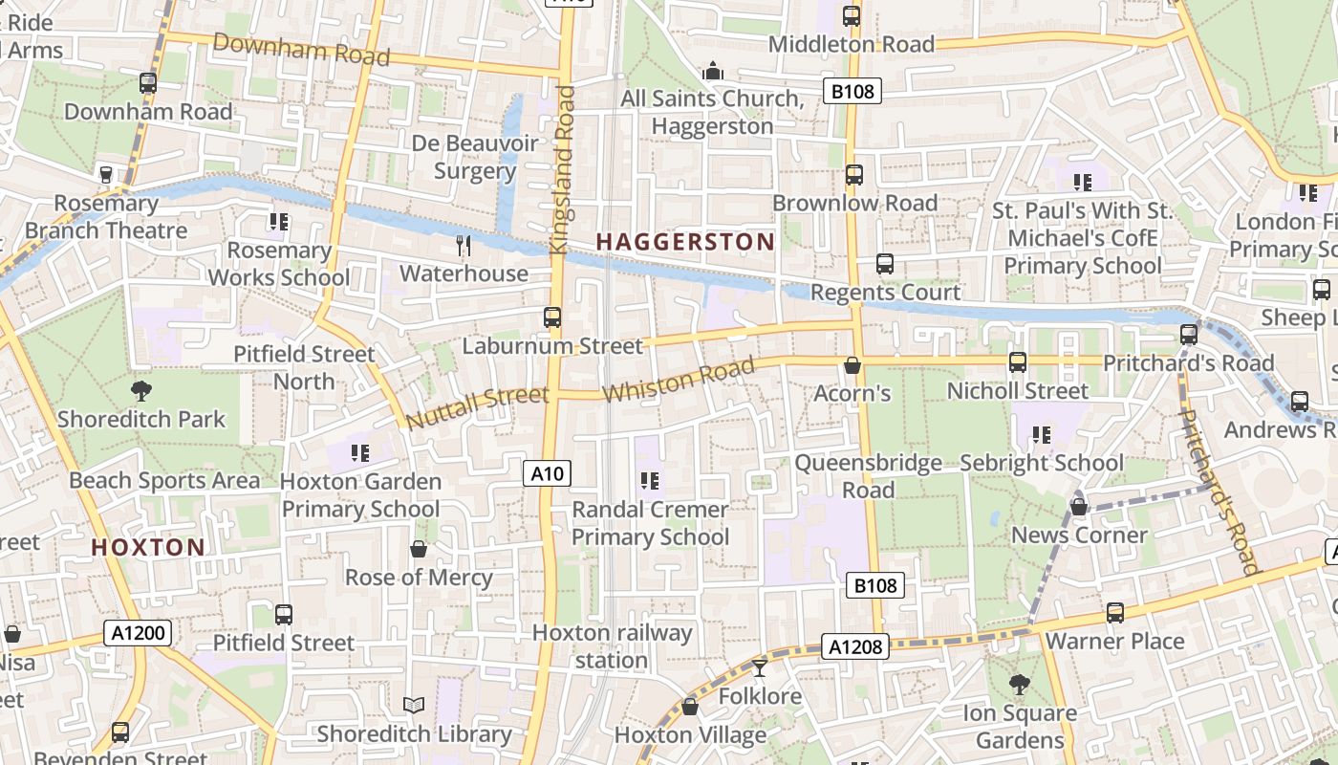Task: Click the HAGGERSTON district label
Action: click(684, 241)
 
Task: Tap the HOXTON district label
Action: click(147, 548)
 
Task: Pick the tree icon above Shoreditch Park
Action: click(141, 390)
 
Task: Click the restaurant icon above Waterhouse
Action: click(464, 246)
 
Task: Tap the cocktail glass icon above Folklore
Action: click(760, 667)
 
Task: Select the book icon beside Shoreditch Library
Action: click(414, 706)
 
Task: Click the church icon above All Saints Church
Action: click(712, 71)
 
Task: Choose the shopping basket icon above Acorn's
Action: click(852, 365)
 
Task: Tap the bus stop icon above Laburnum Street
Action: click(551, 317)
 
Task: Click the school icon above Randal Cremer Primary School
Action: click(651, 480)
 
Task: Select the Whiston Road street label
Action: click(679, 379)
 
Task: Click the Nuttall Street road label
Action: click(477, 406)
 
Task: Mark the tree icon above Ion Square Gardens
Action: click(1020, 685)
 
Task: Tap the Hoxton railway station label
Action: click(612, 646)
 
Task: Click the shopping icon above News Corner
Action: click(1079, 507)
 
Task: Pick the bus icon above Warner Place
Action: click(1115, 613)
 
